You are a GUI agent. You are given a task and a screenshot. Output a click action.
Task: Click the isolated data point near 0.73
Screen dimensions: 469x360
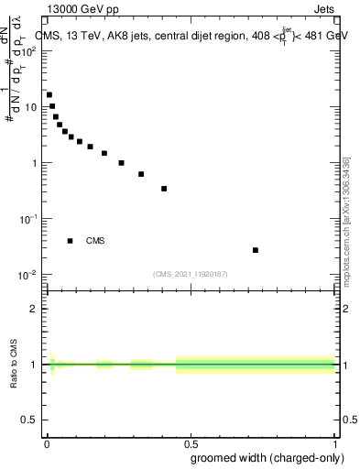256,250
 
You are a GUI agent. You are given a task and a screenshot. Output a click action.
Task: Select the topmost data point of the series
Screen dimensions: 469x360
49,94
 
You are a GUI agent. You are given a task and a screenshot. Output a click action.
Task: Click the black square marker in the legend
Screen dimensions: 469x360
70,241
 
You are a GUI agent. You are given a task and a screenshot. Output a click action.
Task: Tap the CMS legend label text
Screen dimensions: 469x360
95,241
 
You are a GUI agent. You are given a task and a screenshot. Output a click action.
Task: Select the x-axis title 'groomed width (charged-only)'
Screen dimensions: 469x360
262,457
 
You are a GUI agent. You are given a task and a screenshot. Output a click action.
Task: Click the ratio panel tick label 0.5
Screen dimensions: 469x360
28,420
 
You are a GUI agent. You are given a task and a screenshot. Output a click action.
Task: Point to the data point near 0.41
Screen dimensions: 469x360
164,189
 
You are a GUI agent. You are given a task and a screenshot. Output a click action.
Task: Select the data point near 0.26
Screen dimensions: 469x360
121,163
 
